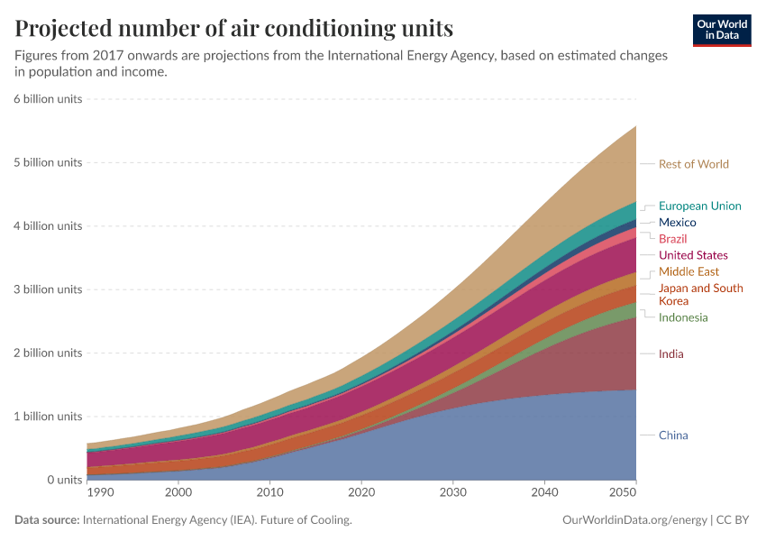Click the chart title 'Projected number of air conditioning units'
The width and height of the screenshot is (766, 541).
pos(233,28)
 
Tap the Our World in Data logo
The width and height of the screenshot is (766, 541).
pos(722,30)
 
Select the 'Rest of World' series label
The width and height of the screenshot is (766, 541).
pos(693,164)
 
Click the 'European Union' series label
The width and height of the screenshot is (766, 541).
pos(699,206)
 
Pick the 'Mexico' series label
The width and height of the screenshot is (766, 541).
pos(677,223)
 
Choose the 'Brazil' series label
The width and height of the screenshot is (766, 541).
pos(672,239)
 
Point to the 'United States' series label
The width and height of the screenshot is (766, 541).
pos(693,255)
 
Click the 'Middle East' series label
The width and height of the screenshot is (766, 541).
pos(688,271)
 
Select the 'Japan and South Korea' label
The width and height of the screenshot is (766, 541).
pos(700,294)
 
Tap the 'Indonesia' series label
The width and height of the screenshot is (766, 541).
pos(683,317)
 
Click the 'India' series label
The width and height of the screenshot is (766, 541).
pos(670,354)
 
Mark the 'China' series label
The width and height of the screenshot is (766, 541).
pos(673,436)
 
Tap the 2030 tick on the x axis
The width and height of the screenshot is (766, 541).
pos(452,493)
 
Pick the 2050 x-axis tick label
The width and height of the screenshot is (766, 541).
pos(625,493)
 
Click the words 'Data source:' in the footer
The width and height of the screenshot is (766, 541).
pos(46,520)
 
